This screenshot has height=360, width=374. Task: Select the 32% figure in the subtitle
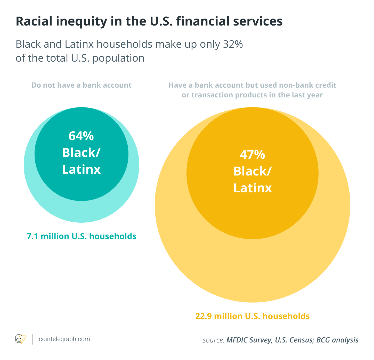[233, 44]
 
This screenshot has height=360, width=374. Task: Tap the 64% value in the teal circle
[81, 136]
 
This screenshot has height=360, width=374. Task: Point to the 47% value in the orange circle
[252, 154]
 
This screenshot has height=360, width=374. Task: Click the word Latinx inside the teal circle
[81, 169]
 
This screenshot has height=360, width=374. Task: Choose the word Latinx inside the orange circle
[253, 188]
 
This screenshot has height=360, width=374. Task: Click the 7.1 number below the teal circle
[32, 236]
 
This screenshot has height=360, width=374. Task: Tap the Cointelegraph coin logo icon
[21, 339]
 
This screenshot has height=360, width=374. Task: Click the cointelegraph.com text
[64, 339]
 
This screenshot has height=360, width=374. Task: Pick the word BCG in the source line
[323, 340]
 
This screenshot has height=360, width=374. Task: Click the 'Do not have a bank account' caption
[81, 85]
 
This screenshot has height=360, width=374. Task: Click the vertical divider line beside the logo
[33, 339]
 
